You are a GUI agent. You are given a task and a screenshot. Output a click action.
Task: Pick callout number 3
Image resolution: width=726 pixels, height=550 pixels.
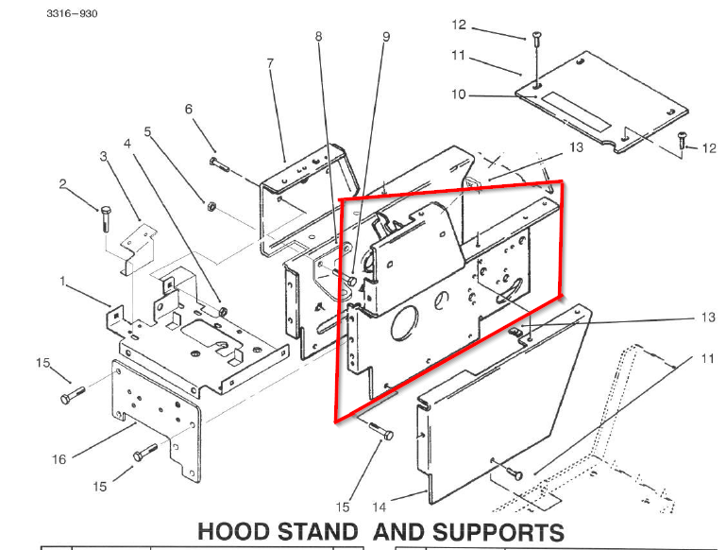point(105,156)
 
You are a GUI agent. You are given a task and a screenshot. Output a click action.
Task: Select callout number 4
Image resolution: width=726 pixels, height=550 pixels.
point(127,144)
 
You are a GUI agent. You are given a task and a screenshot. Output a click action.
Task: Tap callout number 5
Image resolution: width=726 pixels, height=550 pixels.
point(147,131)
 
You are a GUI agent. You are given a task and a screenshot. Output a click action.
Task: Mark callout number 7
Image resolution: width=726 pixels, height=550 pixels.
point(270,63)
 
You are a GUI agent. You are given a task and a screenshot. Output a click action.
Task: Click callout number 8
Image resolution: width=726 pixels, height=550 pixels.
point(319,37)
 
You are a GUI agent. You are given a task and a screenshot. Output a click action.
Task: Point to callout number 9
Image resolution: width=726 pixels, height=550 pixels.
point(385,37)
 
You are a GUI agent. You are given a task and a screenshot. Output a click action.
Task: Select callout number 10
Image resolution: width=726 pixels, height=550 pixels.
point(458,95)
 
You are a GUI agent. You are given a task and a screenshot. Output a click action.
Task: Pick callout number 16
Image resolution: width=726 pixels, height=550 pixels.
point(59,459)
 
